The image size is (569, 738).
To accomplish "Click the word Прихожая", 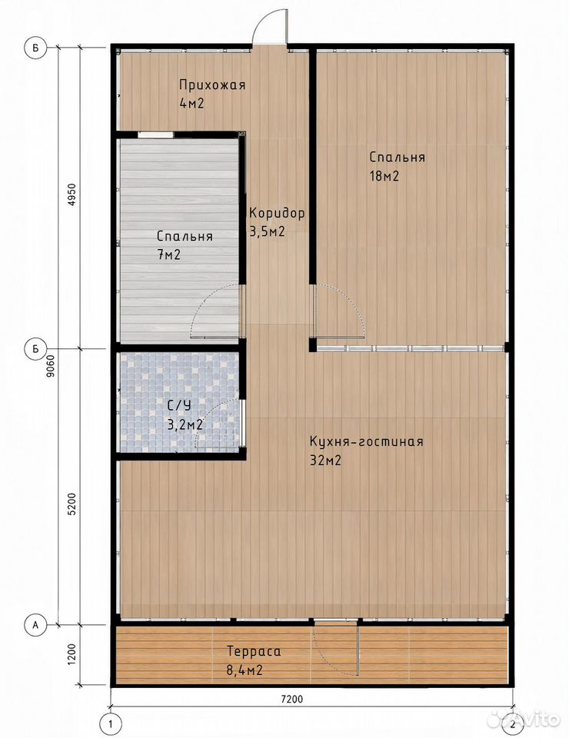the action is [x=212, y=85].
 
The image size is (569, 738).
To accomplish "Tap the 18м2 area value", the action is [x=384, y=177].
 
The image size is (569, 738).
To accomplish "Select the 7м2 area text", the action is [x=169, y=255].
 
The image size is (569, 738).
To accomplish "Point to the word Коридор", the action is [x=278, y=213].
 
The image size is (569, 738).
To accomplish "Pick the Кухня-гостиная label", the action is [x=367, y=441].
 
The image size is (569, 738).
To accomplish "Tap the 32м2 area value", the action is [x=325, y=460].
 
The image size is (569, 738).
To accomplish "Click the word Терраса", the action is [x=255, y=651].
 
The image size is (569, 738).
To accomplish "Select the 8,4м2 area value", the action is [x=245, y=670].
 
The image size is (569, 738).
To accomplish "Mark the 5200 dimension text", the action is [x=72, y=504].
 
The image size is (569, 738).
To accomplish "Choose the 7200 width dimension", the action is [x=291, y=699].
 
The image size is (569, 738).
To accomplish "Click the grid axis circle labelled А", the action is [x=35, y=625].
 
